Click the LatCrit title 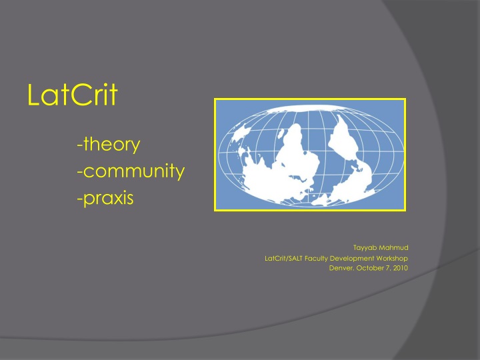point(72,95)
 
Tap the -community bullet point(131,171)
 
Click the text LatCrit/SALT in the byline point(283,258)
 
